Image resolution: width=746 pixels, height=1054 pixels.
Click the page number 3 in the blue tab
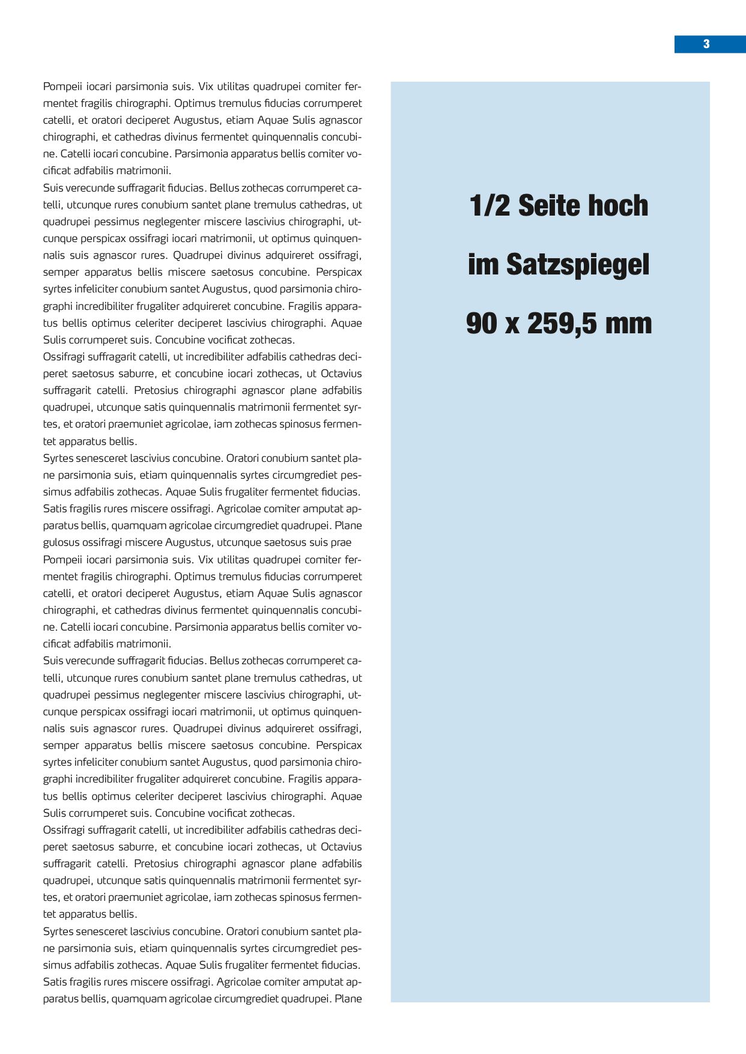pyautogui.click(x=706, y=44)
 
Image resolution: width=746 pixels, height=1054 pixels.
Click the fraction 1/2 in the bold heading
pyautogui.click(x=490, y=205)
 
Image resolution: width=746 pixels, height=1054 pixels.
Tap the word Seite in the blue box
pyautogui.click(x=548, y=205)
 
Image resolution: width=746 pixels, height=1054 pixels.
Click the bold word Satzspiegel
pyautogui.click(x=578, y=265)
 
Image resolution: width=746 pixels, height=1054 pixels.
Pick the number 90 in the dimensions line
pyautogui.click(x=481, y=323)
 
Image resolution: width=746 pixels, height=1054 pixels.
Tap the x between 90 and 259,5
pyautogui.click(x=512, y=324)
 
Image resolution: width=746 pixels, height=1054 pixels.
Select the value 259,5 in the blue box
pyautogui.click(x=560, y=324)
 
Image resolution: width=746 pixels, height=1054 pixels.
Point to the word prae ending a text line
pyautogui.click(x=341, y=542)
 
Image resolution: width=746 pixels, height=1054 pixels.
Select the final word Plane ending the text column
pyautogui.click(x=348, y=999)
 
